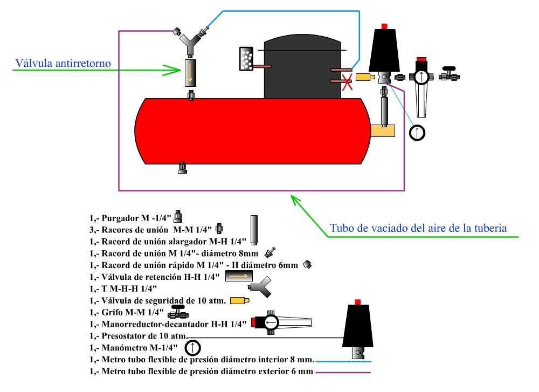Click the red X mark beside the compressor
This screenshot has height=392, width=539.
347,82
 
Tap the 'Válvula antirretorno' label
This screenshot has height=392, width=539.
63,63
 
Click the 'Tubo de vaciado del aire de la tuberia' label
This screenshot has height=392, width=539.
418,228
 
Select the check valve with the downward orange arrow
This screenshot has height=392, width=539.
190,73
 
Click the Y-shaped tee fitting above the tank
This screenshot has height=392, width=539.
190,43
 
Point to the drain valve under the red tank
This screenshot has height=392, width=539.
183,168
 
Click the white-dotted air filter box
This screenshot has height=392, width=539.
246,59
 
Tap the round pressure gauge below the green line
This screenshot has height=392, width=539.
417,133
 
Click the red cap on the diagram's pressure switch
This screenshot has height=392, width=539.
384,26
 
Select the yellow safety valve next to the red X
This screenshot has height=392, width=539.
365,77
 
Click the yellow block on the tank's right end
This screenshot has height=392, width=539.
383,130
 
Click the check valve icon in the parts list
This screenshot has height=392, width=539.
239,276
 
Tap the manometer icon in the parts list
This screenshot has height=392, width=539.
192,348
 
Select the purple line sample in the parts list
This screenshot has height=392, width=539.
343,372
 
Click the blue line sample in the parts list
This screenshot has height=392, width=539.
343,361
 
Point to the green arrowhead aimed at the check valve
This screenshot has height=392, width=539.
172,70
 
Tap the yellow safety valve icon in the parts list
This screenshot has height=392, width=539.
240,300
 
